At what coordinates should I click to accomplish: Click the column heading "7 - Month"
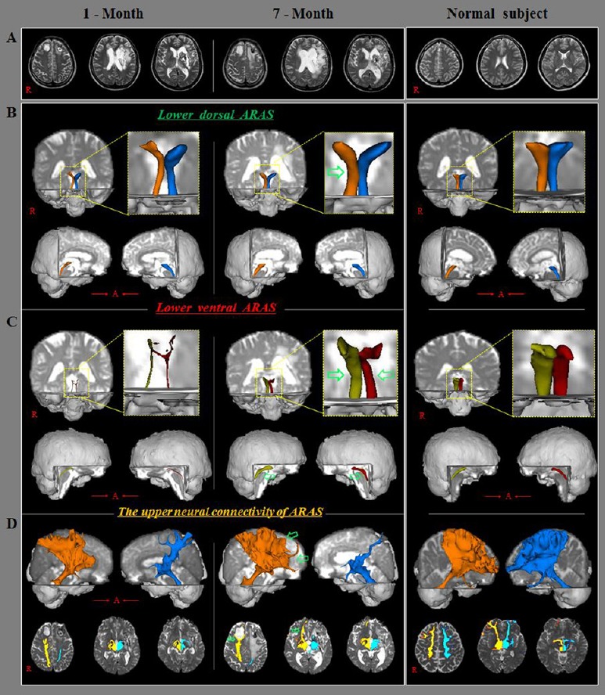[308, 13]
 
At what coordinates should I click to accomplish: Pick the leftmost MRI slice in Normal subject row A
[433, 61]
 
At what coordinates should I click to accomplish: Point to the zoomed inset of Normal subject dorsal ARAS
[550, 174]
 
